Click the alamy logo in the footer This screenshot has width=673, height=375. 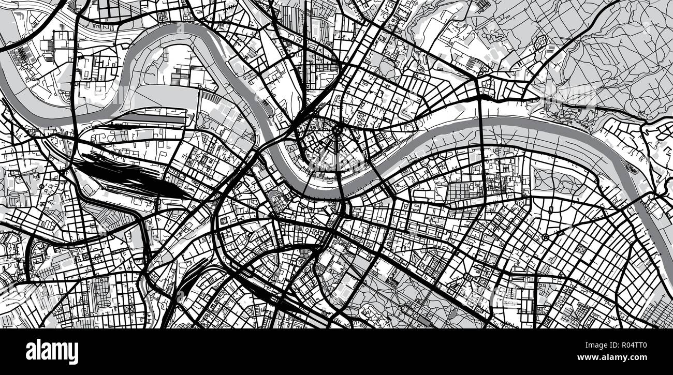click(x=52, y=352)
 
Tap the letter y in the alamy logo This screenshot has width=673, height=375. click(x=72, y=354)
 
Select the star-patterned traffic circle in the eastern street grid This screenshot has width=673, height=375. click(x=546, y=237)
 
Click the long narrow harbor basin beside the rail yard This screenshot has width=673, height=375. click(x=150, y=118)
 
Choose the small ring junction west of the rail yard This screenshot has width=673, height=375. click(x=41, y=185)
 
